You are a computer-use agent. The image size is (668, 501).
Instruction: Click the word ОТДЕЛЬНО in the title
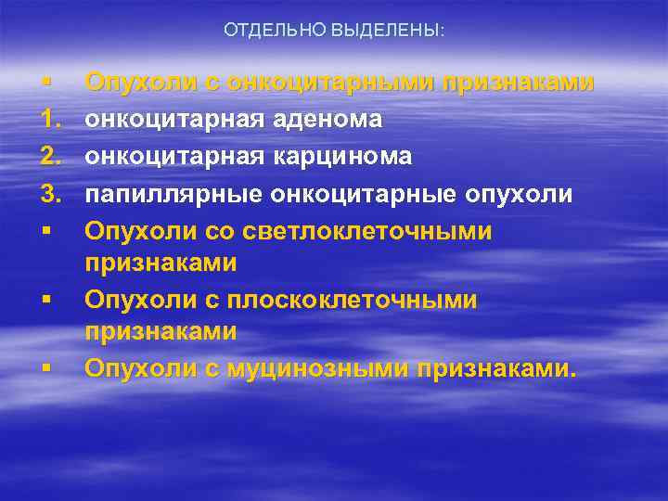click(269, 32)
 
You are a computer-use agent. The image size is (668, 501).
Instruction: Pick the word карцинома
click(342, 158)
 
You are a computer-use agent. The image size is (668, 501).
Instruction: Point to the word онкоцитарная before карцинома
click(176, 158)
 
